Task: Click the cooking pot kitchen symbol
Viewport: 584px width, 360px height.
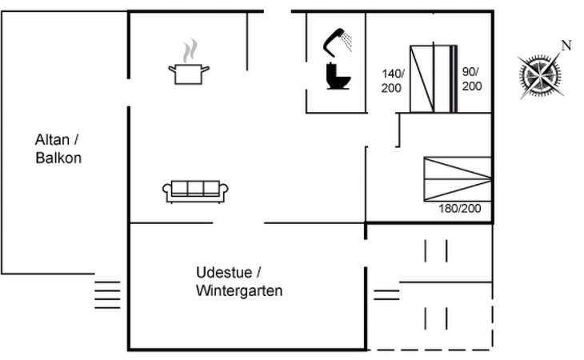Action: click(x=189, y=74)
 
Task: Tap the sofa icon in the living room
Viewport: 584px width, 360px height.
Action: click(x=196, y=190)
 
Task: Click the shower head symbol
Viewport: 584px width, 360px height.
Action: click(x=338, y=39)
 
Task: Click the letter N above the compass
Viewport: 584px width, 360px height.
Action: click(x=566, y=46)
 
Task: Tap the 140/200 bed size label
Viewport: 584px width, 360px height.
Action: click(x=392, y=81)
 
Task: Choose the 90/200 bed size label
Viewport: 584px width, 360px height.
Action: click(x=472, y=79)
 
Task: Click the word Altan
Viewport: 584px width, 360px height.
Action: click(x=52, y=139)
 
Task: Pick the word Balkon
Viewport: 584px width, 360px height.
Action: click(x=58, y=158)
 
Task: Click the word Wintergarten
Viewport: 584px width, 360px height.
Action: click(x=239, y=291)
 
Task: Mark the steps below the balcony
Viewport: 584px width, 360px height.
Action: click(x=107, y=294)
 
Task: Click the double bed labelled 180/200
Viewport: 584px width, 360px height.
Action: click(x=457, y=178)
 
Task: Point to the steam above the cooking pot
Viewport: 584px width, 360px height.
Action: click(x=189, y=52)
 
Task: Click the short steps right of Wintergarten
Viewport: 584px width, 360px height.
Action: click(x=386, y=294)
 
